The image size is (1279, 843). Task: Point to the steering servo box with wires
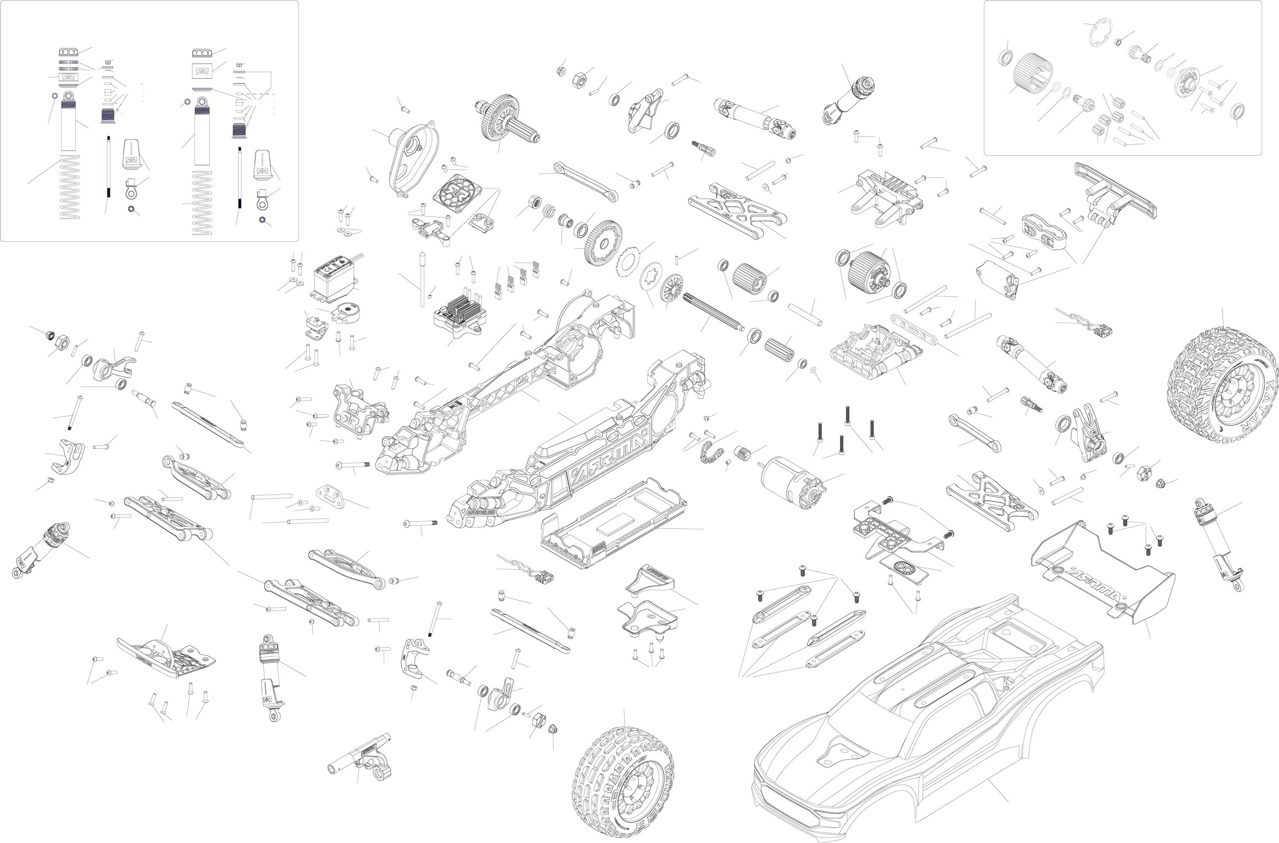pos(336,280)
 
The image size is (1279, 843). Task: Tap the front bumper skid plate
pos(167,659)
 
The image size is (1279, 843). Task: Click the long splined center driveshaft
pos(712,311)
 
